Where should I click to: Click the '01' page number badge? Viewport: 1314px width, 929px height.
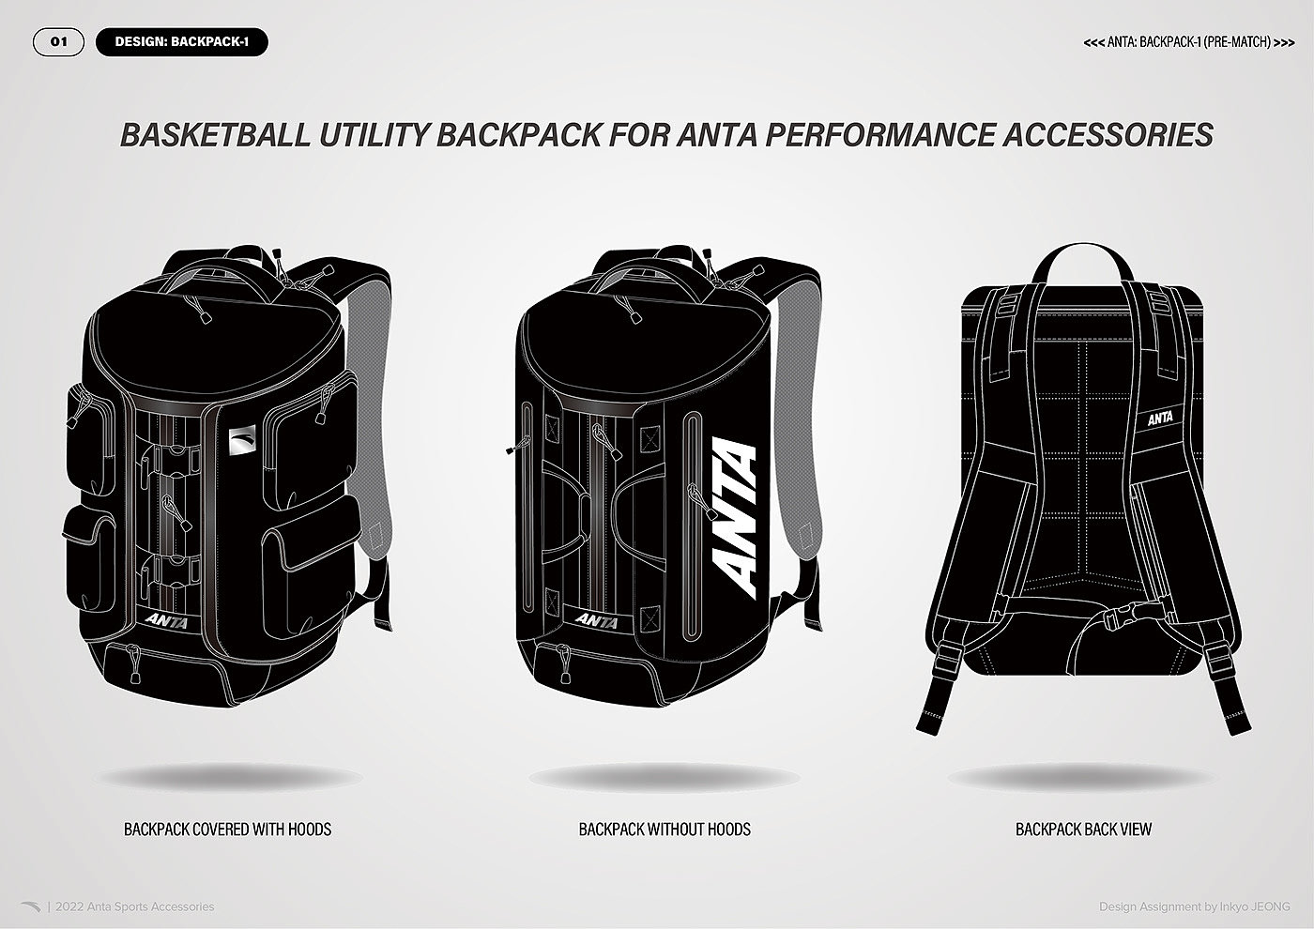[x=58, y=42]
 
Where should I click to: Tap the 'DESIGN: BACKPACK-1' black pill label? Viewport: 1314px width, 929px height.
[x=181, y=42]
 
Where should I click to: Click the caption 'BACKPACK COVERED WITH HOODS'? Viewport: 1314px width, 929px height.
[x=227, y=830]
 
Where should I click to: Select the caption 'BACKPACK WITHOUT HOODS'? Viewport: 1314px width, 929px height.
[x=665, y=830]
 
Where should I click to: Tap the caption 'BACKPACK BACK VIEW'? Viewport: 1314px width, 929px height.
[x=1083, y=830]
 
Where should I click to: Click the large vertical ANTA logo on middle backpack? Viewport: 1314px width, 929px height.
[x=736, y=517]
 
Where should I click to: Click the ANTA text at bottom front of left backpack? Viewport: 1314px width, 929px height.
[x=168, y=621]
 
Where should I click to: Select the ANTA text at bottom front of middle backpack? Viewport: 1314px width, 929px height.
[x=597, y=620]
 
